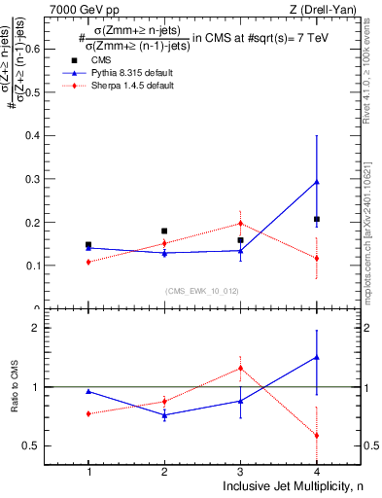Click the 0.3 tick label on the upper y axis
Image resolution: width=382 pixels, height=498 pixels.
(x=38, y=179)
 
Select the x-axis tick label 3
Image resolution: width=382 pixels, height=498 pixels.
(x=240, y=472)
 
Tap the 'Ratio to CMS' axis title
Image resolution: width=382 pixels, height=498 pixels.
(x=14, y=387)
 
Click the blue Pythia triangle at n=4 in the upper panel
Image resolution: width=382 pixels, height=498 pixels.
(x=317, y=182)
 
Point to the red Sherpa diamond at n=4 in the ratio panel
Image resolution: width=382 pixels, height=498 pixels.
(x=317, y=435)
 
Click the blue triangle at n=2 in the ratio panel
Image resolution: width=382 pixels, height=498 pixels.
(x=164, y=415)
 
